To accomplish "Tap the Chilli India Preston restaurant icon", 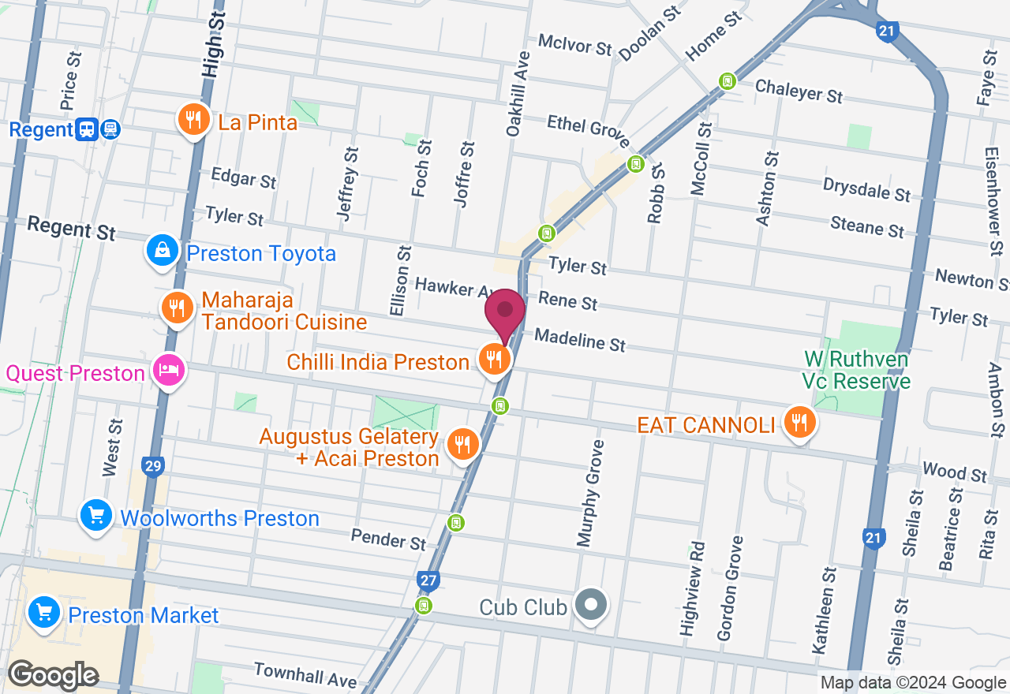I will point(495,360).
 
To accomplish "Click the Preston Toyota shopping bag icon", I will point(162,251).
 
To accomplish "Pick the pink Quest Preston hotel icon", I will point(169,370).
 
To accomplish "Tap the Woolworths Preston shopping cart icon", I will point(96,517).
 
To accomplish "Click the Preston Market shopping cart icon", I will point(43,613).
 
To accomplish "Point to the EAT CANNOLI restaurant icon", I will point(799,423).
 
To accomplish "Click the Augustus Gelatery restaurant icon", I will point(462,445).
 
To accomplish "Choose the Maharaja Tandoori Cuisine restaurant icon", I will point(177,308).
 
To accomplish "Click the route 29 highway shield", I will point(153,466).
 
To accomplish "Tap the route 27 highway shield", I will point(428,581).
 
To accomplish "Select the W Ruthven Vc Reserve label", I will point(856,371).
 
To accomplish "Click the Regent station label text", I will point(41,129).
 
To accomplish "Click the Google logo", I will point(53,675).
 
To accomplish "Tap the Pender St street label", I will point(388,539).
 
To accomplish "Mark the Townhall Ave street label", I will point(305,674).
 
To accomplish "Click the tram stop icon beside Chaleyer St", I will point(727,80).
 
